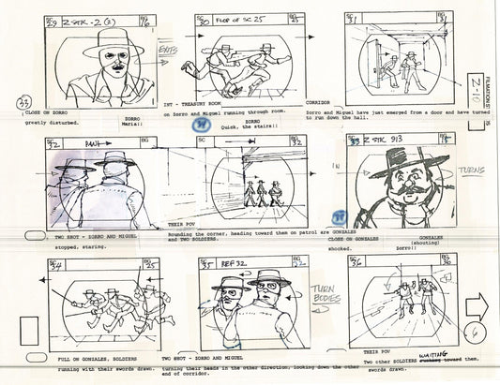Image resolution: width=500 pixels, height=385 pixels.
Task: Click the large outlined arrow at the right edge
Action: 477,305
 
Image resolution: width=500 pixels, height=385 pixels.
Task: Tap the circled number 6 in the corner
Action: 477,344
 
